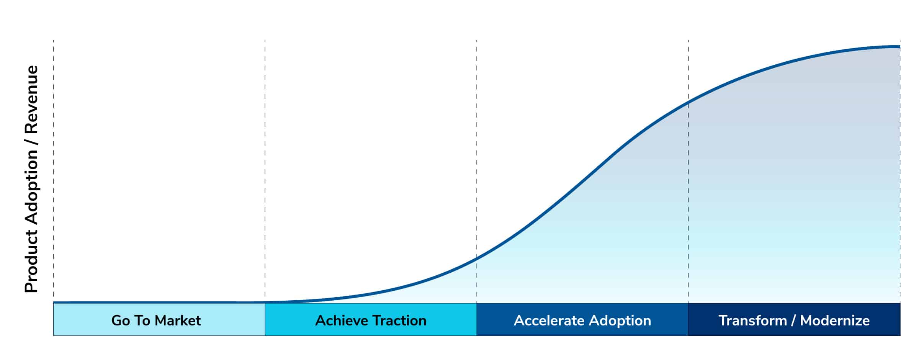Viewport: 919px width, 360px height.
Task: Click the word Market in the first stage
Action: (x=178, y=321)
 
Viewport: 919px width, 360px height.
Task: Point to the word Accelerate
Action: (x=549, y=321)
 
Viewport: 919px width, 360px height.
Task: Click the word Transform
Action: (x=752, y=321)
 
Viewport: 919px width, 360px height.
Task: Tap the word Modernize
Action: (x=835, y=321)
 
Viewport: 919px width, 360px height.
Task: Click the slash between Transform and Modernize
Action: (x=793, y=321)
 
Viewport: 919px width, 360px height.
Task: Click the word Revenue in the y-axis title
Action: (x=31, y=100)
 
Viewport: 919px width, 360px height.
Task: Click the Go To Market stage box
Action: (x=159, y=319)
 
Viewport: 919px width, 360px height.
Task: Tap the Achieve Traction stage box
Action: (x=371, y=319)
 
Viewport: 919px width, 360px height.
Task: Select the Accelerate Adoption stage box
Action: (x=582, y=319)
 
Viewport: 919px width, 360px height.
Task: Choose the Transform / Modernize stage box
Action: (x=794, y=319)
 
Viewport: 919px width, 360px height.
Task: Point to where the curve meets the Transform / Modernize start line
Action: (x=688, y=103)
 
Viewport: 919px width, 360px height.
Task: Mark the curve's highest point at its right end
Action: (x=899, y=47)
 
